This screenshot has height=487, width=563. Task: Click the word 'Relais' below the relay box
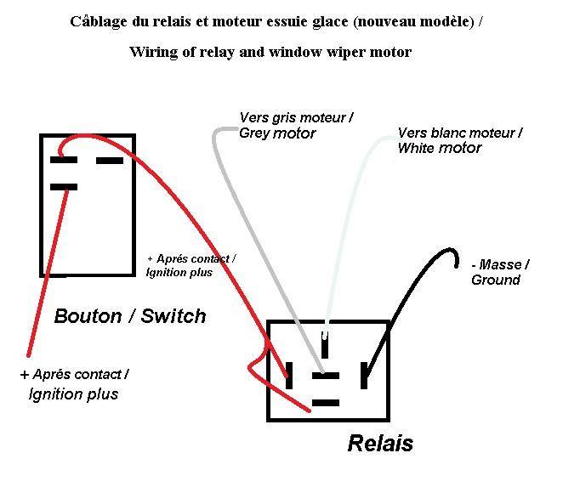380,443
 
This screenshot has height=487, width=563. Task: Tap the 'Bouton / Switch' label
130,316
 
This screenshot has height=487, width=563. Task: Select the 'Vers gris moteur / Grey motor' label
296,125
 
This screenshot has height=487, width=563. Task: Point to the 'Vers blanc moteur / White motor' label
460,140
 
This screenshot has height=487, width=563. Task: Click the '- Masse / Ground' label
500,272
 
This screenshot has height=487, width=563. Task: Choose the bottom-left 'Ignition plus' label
73,394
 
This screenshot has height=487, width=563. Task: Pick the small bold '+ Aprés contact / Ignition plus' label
191,265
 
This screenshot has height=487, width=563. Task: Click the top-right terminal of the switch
110,161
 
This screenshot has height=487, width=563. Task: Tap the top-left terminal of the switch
64,160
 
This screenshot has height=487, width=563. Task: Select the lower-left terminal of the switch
64,187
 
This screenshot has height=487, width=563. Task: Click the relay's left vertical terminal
289,376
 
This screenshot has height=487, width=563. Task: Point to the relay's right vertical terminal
364,376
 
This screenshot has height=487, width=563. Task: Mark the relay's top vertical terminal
325,344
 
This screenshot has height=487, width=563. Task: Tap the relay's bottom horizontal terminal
326,403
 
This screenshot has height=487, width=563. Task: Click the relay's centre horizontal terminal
326,376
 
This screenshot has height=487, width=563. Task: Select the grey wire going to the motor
252,233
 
